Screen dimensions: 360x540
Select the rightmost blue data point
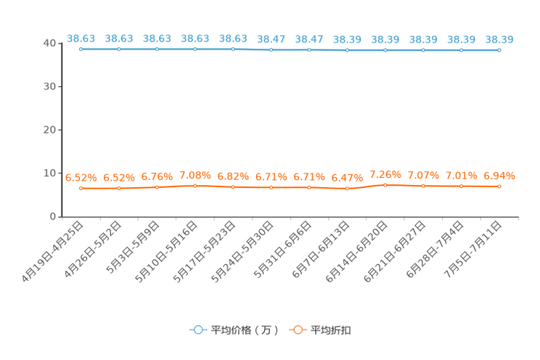499,50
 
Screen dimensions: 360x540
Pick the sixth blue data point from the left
271,49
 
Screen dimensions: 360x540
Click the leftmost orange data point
81,189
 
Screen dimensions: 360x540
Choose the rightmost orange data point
499,187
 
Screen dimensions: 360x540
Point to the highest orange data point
385,185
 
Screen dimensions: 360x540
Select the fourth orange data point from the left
195,187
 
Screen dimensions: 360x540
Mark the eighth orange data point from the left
347,189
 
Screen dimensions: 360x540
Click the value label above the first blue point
81,38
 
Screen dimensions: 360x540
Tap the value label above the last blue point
499,38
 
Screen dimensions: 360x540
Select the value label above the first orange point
81,177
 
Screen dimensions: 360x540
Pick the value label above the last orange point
499,175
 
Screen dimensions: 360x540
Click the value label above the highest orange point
385,173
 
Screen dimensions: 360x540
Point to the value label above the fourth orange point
195,175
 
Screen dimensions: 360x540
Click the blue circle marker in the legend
197,330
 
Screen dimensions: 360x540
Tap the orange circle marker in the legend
298,330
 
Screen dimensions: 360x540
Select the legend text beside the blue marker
245,330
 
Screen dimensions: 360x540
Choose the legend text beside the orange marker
331,330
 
